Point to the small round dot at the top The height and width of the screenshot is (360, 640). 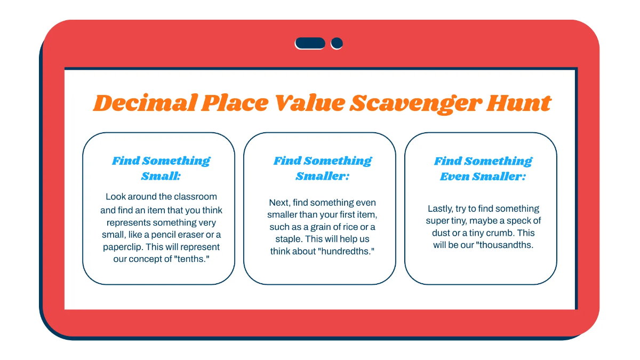pyautogui.click(x=337, y=43)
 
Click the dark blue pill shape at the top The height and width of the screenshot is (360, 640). pyautogui.click(x=310, y=43)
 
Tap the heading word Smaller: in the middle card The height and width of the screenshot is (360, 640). pyautogui.click(x=322, y=176)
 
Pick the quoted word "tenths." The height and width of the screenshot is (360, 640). pyautogui.click(x=191, y=259)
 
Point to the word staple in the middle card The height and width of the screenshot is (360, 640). pyautogui.click(x=283, y=239)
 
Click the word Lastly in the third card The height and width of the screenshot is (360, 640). pyautogui.click(x=440, y=209)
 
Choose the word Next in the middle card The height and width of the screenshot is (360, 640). pyautogui.click(x=279, y=203)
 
